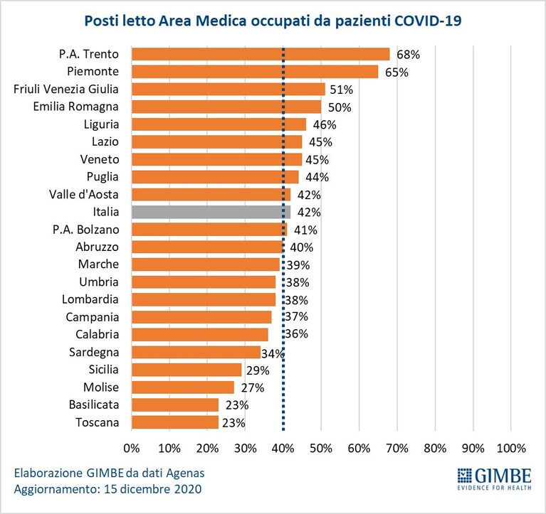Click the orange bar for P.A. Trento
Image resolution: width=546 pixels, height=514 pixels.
coord(261,54)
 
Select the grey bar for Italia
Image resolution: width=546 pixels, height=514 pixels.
coord(211,212)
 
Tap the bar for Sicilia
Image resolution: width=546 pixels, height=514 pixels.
coord(187,370)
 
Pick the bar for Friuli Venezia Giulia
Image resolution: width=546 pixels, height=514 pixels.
coord(229,89)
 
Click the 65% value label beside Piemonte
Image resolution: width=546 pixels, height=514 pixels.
coord(397,73)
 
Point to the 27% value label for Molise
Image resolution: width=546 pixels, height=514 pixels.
coord(253,387)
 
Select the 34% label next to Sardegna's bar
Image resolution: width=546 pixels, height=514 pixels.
coord(273,354)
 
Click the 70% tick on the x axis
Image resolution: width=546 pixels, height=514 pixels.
coord(397,449)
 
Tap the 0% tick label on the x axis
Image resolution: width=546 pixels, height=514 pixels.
coord(132,449)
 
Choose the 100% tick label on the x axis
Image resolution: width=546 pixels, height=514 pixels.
coord(511,449)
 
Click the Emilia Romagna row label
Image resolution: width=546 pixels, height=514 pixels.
coord(76,107)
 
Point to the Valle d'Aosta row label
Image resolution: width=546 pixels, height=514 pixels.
coord(83,194)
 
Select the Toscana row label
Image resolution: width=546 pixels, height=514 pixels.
coord(97,422)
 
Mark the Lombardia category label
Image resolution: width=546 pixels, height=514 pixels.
coord(90,299)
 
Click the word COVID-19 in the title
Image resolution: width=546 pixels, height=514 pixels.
coord(428,21)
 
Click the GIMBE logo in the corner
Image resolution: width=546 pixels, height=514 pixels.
coord(495,479)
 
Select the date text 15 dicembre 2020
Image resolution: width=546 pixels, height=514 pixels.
coord(153,489)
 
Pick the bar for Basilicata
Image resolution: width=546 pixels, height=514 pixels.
coord(175,405)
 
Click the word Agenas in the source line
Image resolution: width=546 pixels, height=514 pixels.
coord(185,473)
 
